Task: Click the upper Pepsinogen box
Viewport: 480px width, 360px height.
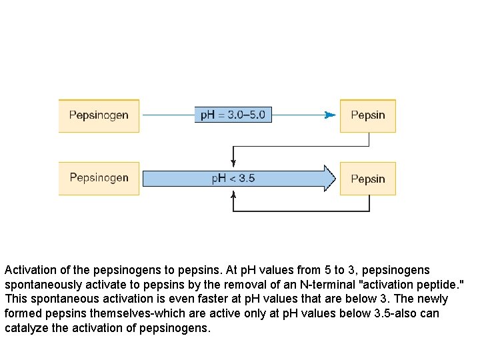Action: [99, 115]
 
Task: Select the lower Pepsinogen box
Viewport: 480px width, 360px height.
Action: [99, 178]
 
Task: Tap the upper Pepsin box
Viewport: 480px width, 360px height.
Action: [368, 115]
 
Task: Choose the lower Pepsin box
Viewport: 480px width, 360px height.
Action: [368, 179]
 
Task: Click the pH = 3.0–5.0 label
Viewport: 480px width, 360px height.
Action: [233, 115]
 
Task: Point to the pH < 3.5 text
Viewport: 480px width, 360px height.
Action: [233, 178]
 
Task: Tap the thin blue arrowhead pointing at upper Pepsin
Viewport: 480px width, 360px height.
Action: [329, 115]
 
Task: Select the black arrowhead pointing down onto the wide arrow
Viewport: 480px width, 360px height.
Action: [233, 162]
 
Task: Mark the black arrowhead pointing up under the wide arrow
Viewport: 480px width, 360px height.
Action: [233, 195]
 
